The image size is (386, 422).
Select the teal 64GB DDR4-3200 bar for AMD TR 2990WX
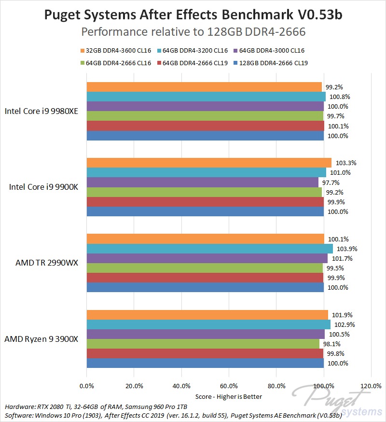pyautogui.click(x=209, y=249)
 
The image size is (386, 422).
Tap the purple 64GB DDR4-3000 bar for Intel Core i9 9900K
pyautogui.click(x=203, y=182)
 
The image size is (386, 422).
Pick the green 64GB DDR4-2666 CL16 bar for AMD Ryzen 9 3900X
pyautogui.click(x=203, y=344)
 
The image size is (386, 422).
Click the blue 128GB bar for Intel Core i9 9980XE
pyautogui.click(x=205, y=136)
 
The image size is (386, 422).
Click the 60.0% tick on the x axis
pyautogui.click(x=229, y=386)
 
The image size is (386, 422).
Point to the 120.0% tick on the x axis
pyautogui.click(x=371, y=386)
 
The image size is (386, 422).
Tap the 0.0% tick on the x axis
pyautogui.click(x=86, y=386)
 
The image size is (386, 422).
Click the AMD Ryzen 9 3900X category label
pyautogui.click(x=41, y=339)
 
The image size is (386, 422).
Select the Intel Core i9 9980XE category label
pyautogui.click(x=41, y=112)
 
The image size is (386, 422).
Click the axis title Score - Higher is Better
pyautogui.click(x=229, y=396)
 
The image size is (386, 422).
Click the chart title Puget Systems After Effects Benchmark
pyautogui.click(x=193, y=15)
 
